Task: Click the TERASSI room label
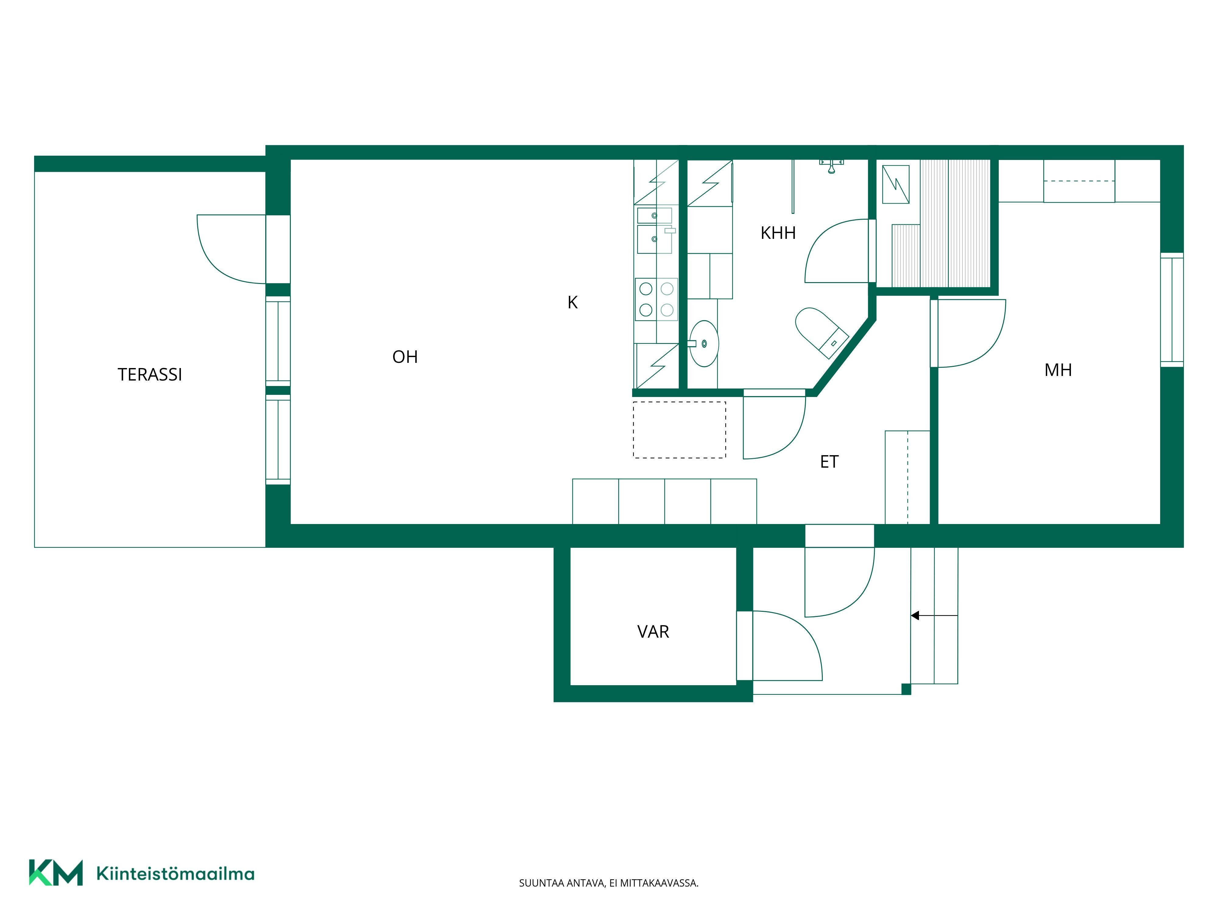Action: [x=150, y=375]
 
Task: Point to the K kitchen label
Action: [x=573, y=303]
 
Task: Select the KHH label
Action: [x=778, y=233]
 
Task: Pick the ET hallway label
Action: [x=829, y=462]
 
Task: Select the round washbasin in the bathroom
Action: [x=704, y=344]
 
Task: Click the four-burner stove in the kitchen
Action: [x=657, y=299]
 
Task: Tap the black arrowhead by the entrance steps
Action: [x=915, y=615]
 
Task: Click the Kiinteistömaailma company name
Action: [x=175, y=874]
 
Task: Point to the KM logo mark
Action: [x=56, y=873]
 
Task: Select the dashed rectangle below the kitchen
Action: [x=679, y=430]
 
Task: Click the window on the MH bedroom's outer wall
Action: [x=1172, y=310]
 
